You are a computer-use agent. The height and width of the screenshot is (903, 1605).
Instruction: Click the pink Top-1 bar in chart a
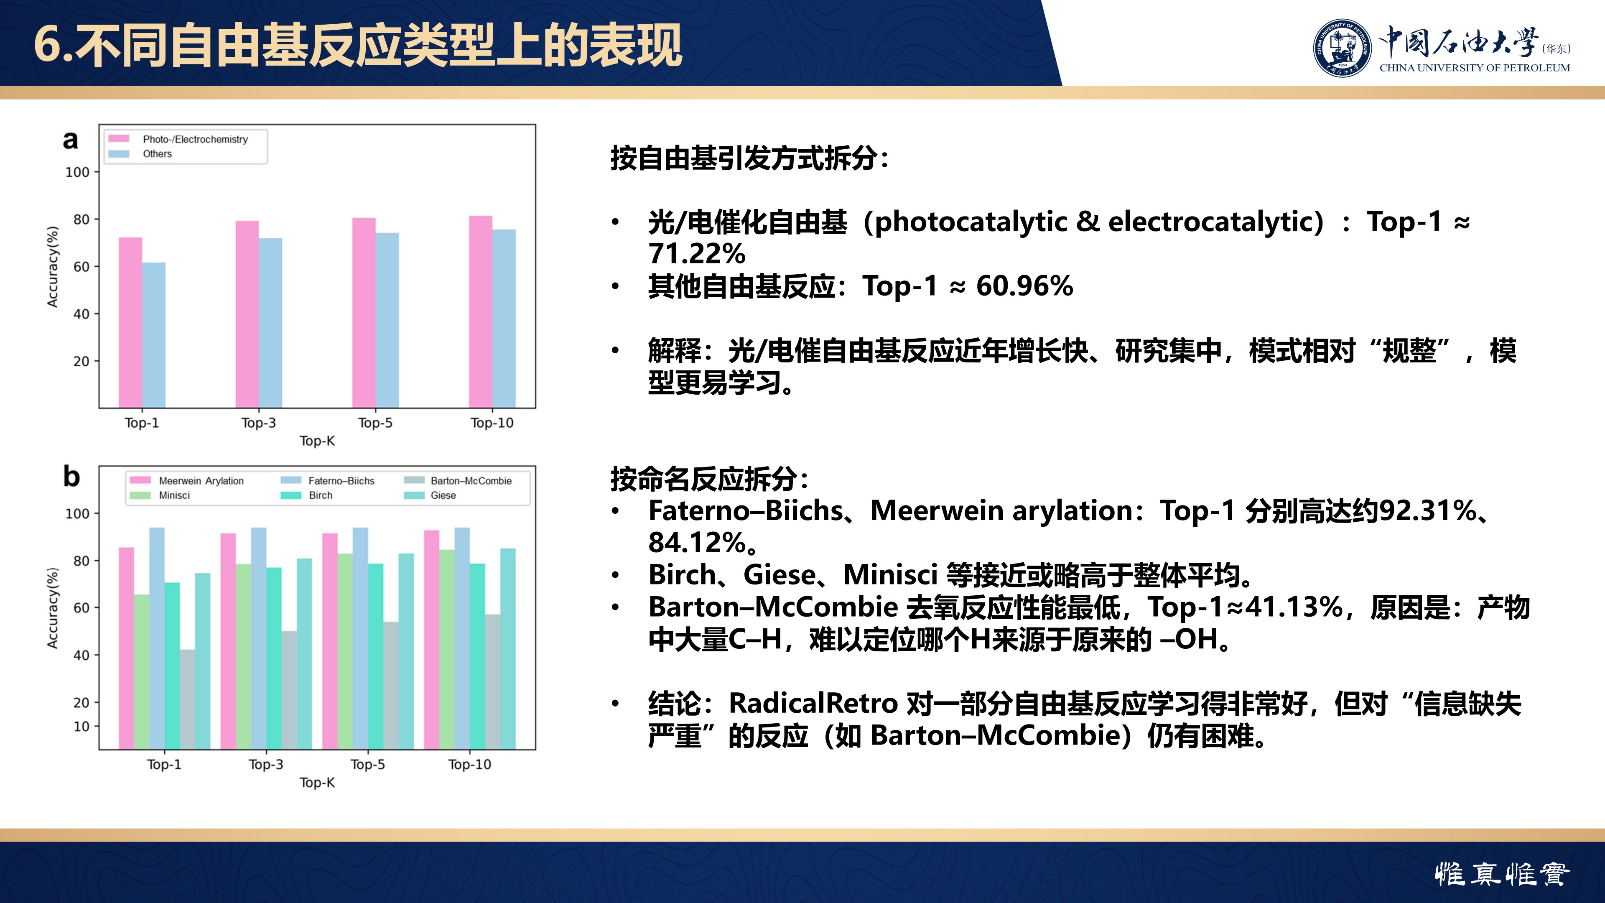coord(130,323)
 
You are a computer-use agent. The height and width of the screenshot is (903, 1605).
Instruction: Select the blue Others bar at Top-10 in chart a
coord(504,319)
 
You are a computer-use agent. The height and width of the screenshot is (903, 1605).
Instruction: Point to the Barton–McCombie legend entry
coord(458,480)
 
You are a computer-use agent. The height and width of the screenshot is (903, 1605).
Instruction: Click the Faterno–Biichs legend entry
coord(328,480)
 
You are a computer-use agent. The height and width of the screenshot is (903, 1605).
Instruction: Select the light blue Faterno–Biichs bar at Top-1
coord(157,638)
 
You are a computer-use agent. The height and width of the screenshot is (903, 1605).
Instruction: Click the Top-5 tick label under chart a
coord(375,423)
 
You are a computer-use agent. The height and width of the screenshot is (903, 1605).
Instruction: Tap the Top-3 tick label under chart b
coord(266,765)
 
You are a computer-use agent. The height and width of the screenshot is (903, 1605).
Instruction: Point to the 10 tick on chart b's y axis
coord(82,727)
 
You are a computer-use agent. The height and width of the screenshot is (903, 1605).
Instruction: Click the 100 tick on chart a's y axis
coord(78,172)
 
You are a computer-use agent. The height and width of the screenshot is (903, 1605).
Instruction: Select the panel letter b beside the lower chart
coord(71,477)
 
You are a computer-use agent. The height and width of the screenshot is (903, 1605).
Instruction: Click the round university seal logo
coord(1342,48)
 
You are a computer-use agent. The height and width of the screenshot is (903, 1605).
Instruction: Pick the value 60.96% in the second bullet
coord(1024,286)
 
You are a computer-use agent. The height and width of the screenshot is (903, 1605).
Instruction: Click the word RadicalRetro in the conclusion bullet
coord(813,704)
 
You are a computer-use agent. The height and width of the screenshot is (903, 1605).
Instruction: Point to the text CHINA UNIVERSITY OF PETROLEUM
coord(1475,68)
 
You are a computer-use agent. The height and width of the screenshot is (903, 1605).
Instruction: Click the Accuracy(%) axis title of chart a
coord(53,267)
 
